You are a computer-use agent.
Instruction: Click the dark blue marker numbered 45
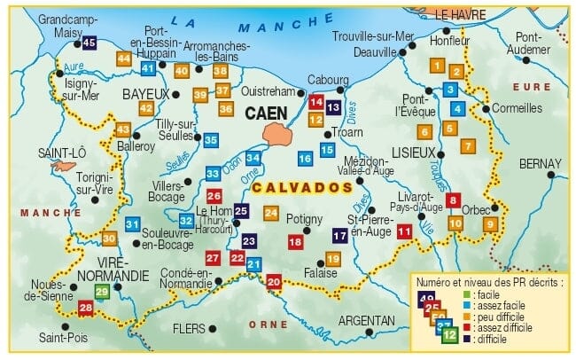coord(89,42)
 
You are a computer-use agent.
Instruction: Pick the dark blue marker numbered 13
coord(333,106)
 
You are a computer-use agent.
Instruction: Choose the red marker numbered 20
coord(274,282)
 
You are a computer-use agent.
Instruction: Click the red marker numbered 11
coord(404,231)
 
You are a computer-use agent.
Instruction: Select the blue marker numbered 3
coord(450,89)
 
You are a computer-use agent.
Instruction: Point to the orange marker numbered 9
coord(490,224)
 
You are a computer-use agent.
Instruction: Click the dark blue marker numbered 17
coord(339,235)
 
